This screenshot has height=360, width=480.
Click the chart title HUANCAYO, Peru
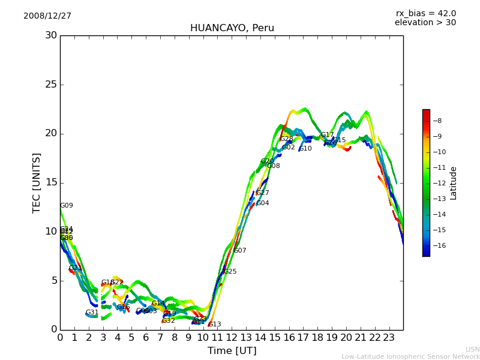pyautogui.click(x=232, y=28)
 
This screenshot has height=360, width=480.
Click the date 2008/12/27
pyautogui.click(x=47, y=16)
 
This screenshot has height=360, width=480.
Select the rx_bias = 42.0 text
pyautogui.click(x=425, y=13)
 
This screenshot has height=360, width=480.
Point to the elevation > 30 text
pyautogui.click(x=425, y=23)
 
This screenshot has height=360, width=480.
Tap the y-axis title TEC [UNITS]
pyautogui.click(x=37, y=182)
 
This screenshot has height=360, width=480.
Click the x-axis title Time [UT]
pyautogui.click(x=232, y=351)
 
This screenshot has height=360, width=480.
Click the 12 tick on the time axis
pyautogui.click(x=232, y=338)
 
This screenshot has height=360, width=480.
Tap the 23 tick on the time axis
pyautogui.click(x=389, y=338)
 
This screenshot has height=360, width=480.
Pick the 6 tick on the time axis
pyautogui.click(x=146, y=338)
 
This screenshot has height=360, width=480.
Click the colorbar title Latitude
pyautogui.click(x=454, y=182)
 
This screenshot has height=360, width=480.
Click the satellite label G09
pyautogui.click(x=67, y=206)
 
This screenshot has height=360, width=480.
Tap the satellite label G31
pyautogui.click(x=92, y=313)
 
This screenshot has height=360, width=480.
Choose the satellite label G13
pyautogui.click(x=215, y=325)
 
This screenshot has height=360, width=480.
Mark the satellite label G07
pyautogui.click(x=240, y=251)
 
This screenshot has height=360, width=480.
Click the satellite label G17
pyautogui.click(x=328, y=136)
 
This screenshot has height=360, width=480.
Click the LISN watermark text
pyautogui.click(x=472, y=349)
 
